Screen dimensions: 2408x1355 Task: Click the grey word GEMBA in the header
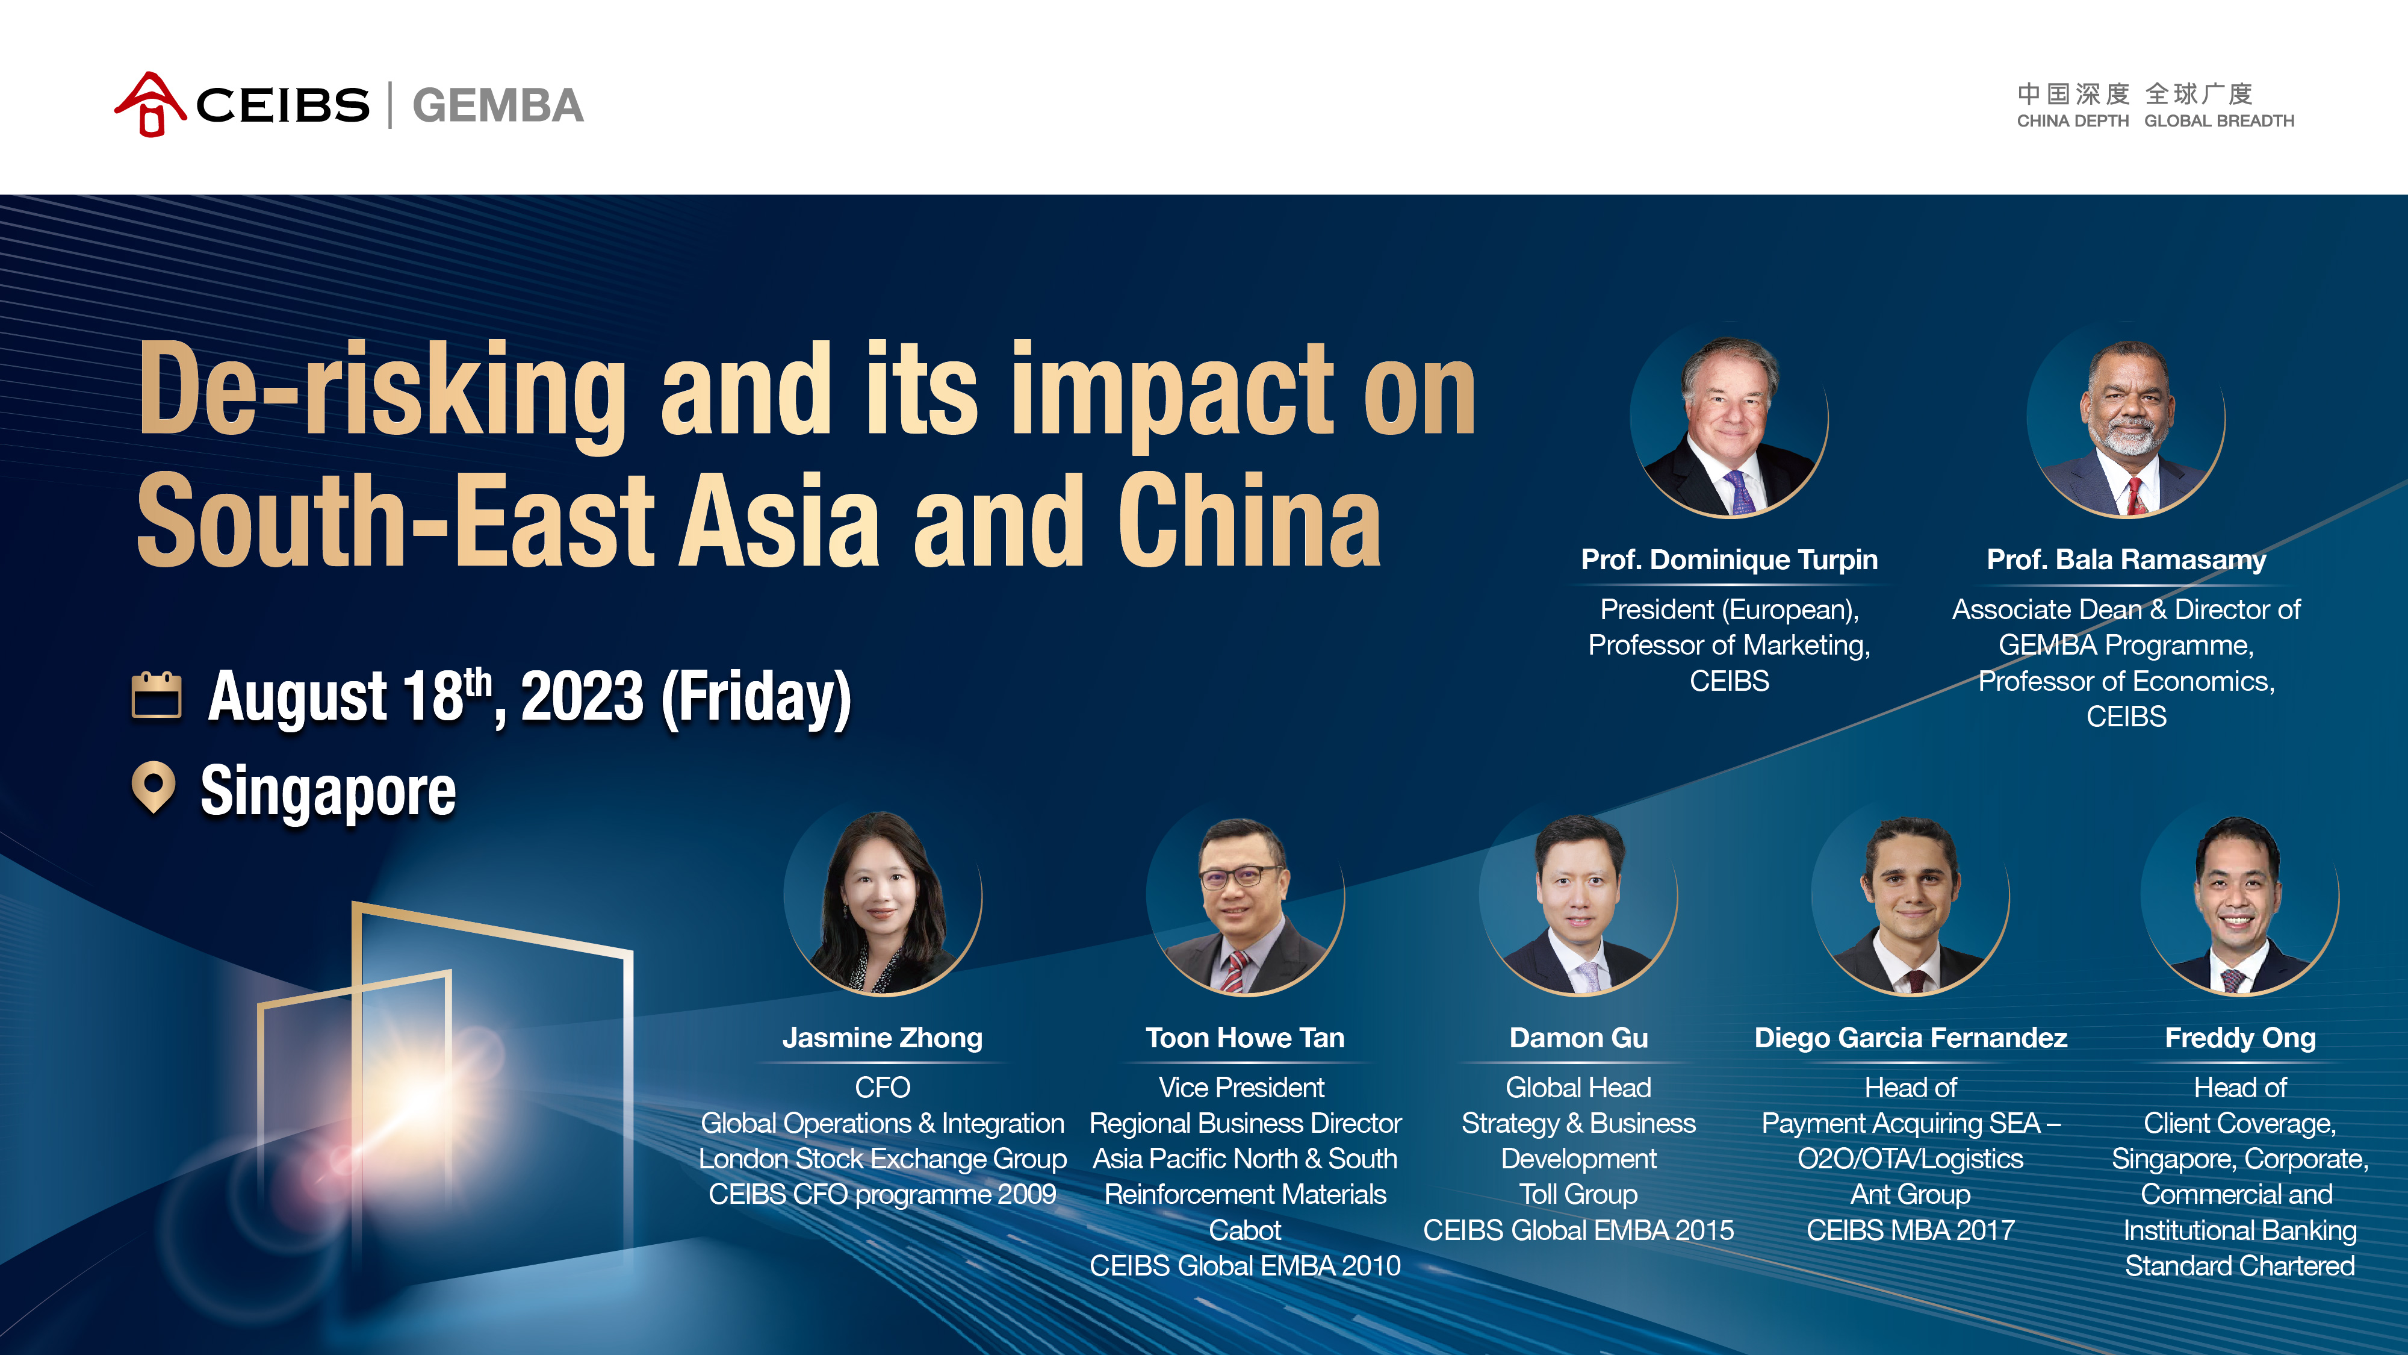[497, 105]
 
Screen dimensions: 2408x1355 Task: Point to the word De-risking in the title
[382, 390]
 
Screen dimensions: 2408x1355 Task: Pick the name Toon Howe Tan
[1245, 1038]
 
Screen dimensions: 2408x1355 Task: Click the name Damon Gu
[1579, 1038]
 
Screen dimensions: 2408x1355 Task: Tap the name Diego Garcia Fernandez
[1911, 1038]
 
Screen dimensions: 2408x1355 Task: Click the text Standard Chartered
[2239, 1266]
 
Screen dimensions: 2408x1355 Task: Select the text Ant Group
[1911, 1195]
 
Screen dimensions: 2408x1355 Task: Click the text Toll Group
[1579, 1195]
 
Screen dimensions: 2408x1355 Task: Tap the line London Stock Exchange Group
[883, 1159]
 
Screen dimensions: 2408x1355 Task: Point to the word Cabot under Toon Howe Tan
[1245, 1230]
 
